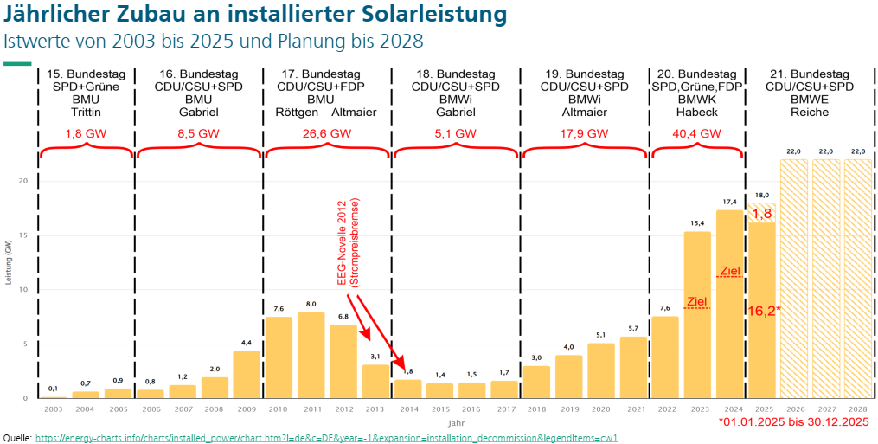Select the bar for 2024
coord(729,304)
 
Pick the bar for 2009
coord(246,374)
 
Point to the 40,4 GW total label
coord(697,134)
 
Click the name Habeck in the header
coord(696,113)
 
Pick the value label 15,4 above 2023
coord(697,224)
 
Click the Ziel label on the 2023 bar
coord(696,301)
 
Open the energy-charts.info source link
coord(326,438)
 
